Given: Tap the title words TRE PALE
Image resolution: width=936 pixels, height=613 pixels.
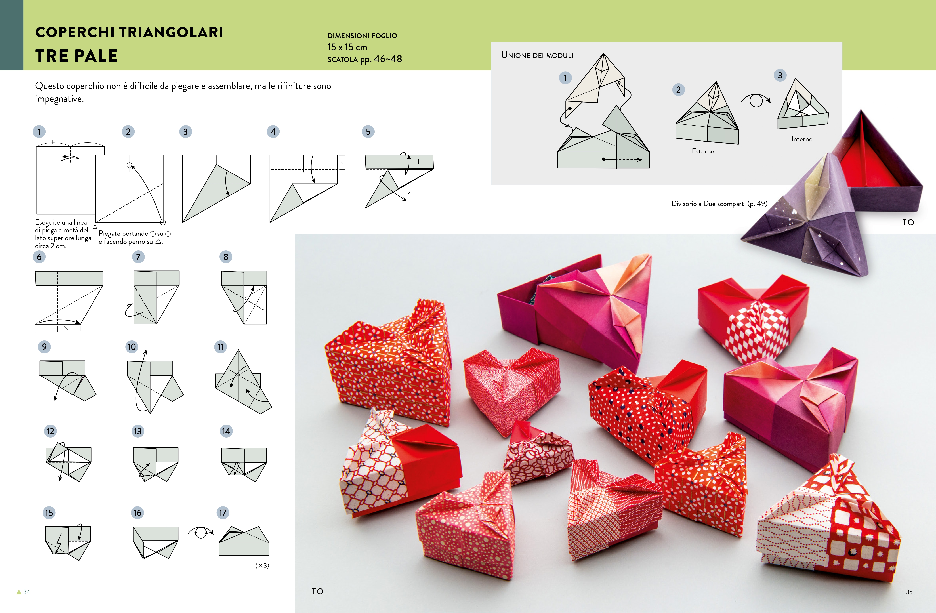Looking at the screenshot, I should [77, 56].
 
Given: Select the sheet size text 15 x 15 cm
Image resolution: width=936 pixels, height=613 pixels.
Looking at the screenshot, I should [347, 47].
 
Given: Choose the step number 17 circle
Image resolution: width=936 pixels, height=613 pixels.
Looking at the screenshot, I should [223, 513].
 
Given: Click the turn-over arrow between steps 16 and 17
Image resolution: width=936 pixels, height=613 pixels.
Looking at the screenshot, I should [200, 533].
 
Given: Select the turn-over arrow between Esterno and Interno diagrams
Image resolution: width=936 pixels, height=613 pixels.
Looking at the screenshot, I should [756, 100].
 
